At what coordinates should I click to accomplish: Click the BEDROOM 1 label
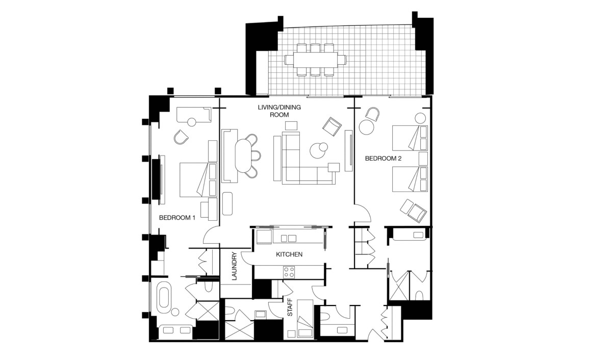coord(177,218)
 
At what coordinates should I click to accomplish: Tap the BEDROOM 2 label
coord(383,159)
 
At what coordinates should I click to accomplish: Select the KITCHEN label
coord(289,254)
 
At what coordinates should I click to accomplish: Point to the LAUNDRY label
coord(234,266)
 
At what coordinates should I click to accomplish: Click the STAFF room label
coord(290,307)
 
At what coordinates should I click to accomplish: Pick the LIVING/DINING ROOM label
coord(279,111)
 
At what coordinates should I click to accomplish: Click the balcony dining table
coord(315,60)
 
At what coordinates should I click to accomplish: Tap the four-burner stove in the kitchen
coord(289,272)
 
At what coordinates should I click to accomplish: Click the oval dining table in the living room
coord(243,156)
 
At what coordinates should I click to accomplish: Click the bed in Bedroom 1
coord(198,179)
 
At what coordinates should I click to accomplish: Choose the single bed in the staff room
coord(305,319)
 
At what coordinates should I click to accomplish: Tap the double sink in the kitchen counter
coord(289,239)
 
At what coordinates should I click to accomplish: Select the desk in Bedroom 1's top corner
coord(194,115)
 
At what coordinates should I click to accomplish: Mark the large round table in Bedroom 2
coord(366,127)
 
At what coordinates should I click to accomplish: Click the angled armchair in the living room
coord(332,127)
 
